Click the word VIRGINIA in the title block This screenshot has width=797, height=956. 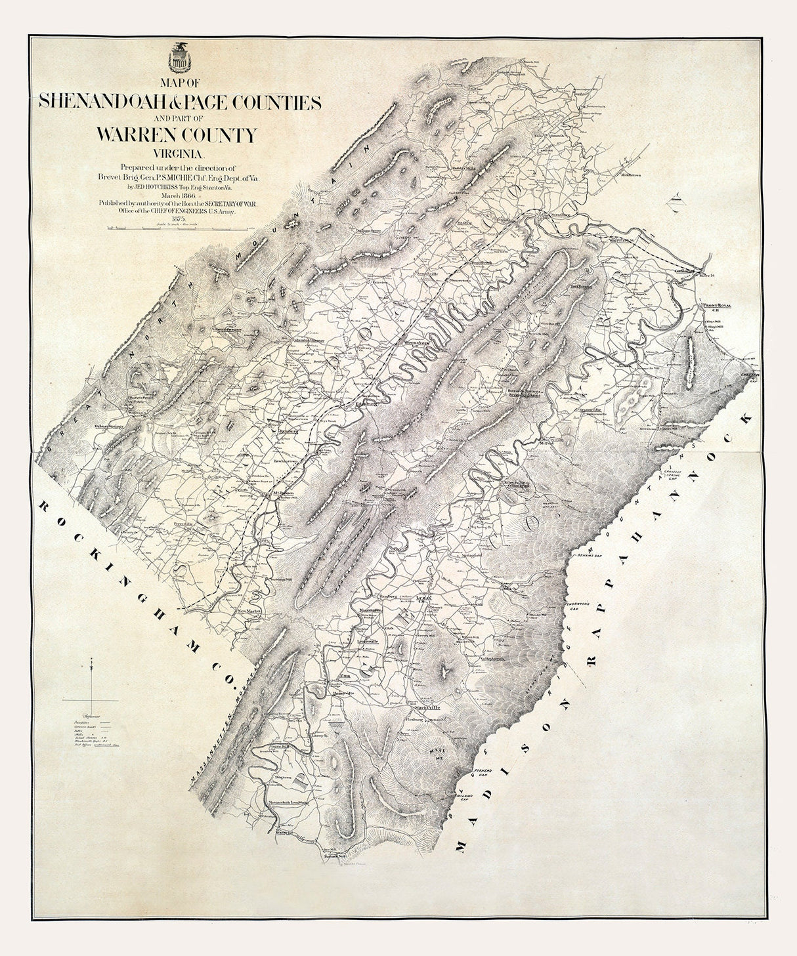[x=178, y=155]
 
